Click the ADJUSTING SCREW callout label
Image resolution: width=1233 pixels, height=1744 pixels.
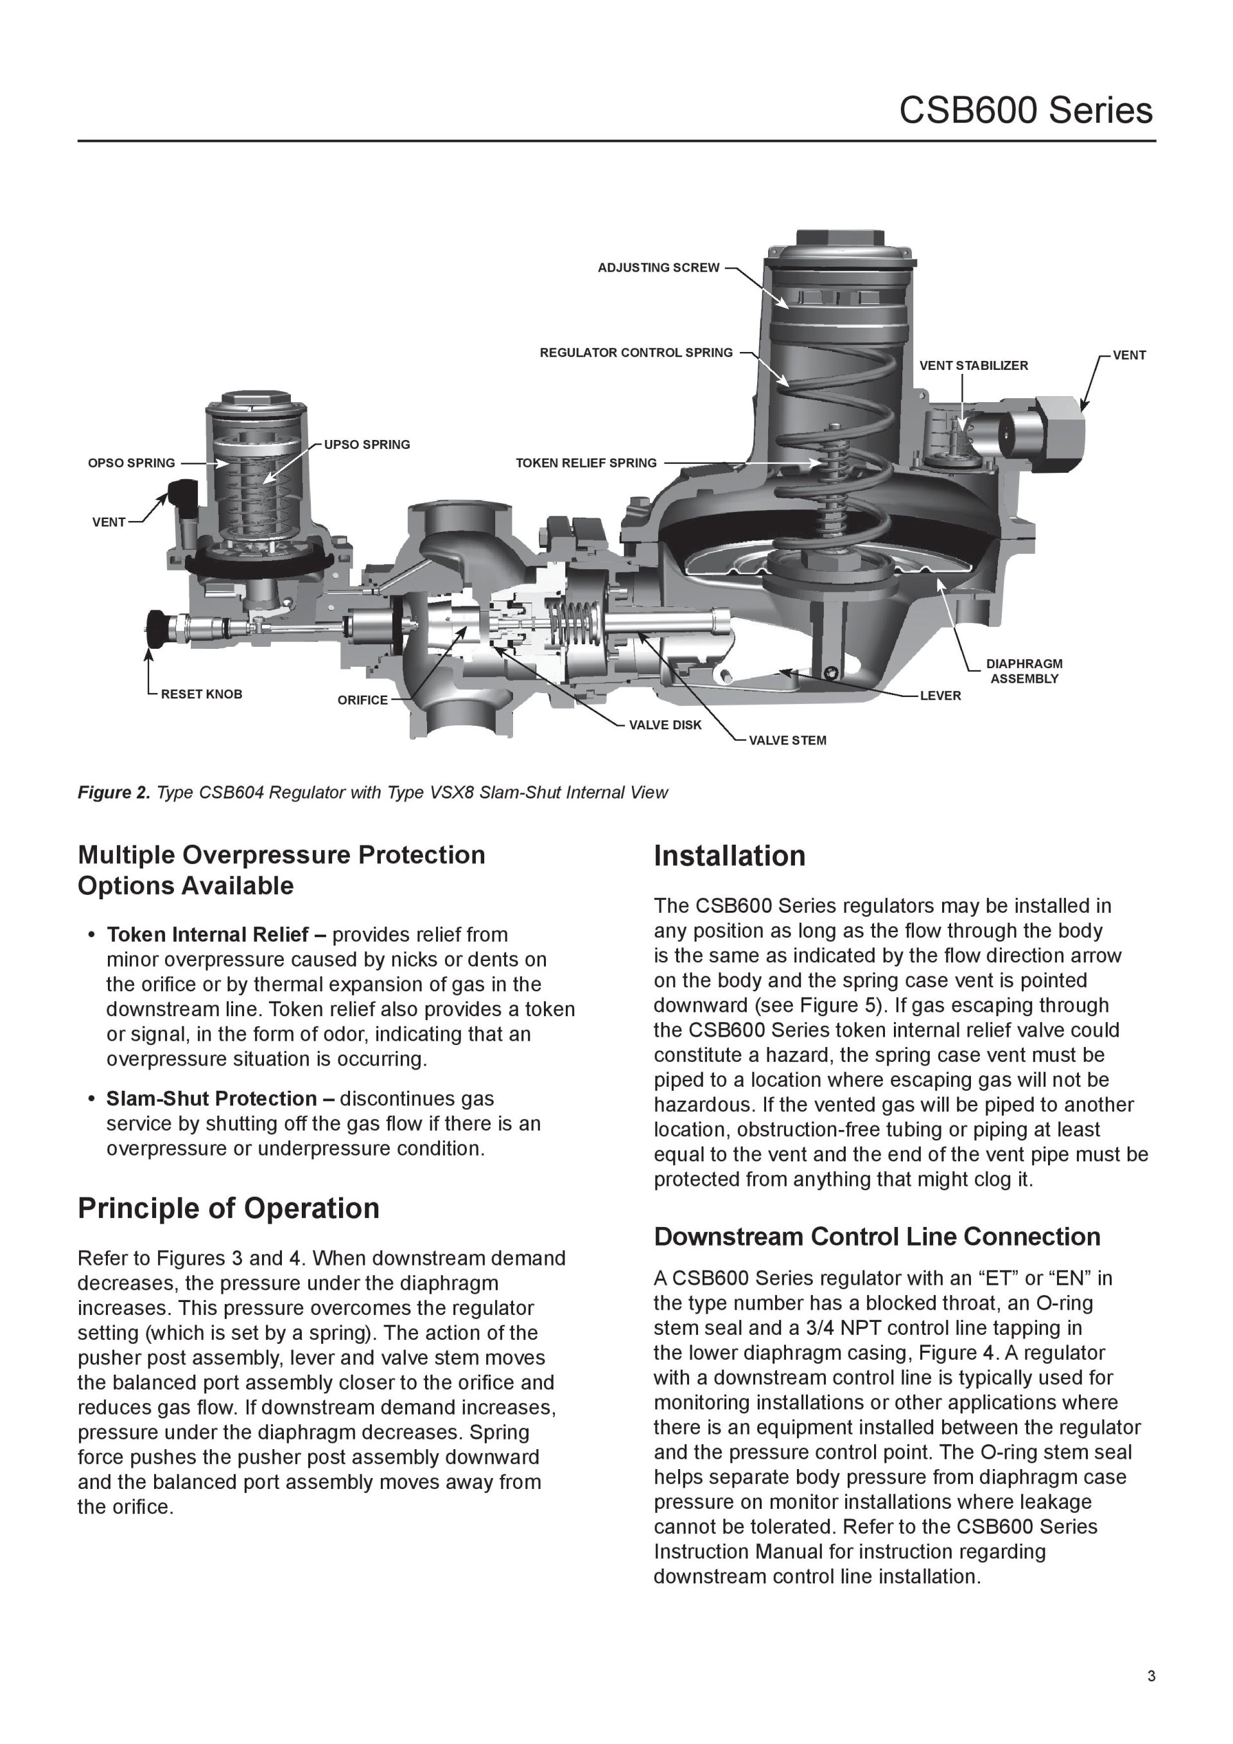pos(658,268)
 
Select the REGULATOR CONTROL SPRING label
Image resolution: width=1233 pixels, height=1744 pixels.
pos(636,353)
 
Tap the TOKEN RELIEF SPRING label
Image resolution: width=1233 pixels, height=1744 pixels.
pos(586,463)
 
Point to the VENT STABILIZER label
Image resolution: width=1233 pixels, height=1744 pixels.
pos(974,366)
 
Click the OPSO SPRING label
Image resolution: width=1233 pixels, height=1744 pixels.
pos(132,463)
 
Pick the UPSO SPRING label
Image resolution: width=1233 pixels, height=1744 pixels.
pos(367,445)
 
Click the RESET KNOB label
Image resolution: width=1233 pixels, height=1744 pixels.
pos(201,694)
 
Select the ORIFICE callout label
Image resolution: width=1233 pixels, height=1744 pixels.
pos(362,700)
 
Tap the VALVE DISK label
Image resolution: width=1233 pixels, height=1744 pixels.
pos(665,725)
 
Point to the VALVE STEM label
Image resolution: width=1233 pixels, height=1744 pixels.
pos(787,741)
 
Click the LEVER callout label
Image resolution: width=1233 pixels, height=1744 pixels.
pos(940,696)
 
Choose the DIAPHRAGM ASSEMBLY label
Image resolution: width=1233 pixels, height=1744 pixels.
pos(1024,671)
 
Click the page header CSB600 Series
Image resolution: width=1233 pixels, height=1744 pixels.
pos(1025,111)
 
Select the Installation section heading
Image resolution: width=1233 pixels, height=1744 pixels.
pos(729,856)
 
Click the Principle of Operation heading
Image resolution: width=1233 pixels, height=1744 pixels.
pos(228,1208)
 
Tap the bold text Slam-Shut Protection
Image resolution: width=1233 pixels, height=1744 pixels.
pos(211,1099)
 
